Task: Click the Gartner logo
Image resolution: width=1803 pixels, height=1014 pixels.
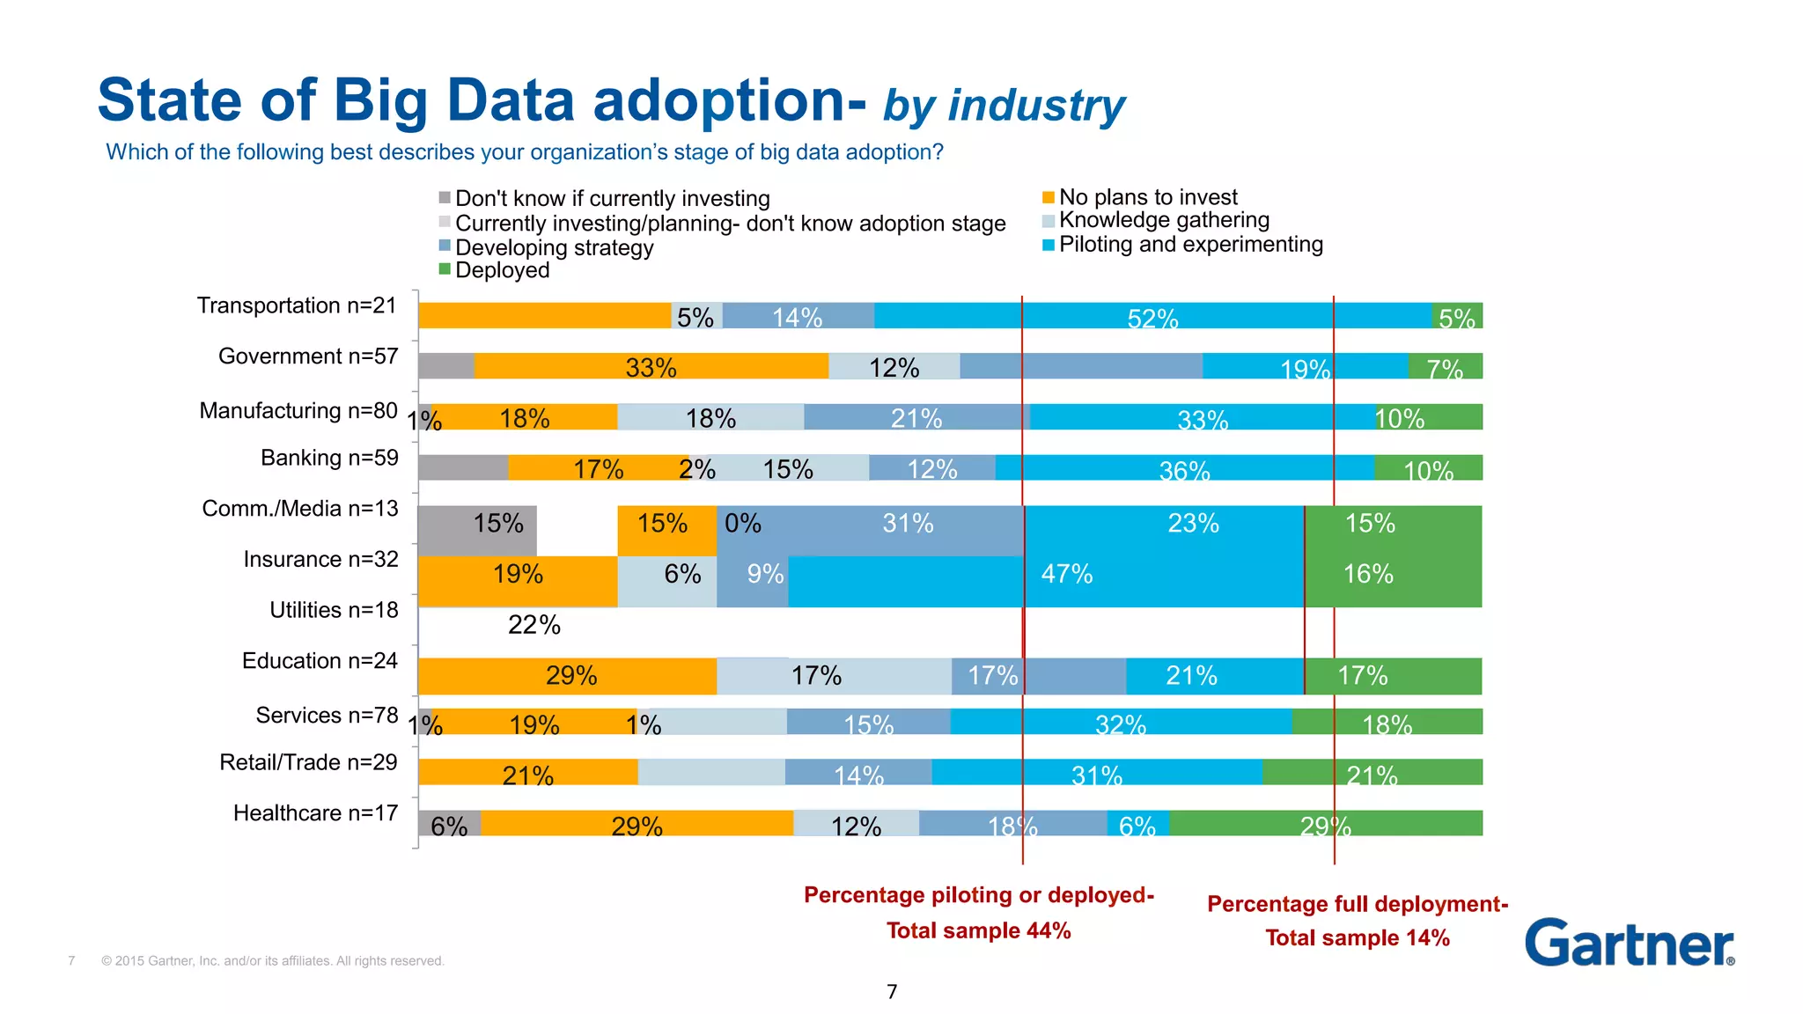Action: coord(1629,943)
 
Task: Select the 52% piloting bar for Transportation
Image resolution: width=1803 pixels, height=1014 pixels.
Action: coord(1152,316)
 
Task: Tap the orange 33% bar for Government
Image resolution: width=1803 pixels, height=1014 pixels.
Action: coord(651,366)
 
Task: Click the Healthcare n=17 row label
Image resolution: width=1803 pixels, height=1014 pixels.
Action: coord(315,813)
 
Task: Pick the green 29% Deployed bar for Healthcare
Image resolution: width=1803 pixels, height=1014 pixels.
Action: coord(1325,824)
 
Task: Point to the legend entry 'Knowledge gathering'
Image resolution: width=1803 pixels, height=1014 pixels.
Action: coord(1163,220)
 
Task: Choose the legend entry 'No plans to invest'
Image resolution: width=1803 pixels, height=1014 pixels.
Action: coord(1147,197)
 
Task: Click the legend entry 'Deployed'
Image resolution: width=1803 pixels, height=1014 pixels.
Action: coord(501,270)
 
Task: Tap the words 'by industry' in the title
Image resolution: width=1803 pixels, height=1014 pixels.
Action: coord(1004,106)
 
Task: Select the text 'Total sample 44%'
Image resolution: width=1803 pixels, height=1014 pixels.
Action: coord(978,930)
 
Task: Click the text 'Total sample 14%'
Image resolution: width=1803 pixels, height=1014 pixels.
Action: coord(1357,937)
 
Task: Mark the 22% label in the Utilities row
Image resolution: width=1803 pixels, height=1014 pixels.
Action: coord(534,625)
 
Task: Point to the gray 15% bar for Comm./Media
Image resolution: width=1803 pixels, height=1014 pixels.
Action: coord(477,531)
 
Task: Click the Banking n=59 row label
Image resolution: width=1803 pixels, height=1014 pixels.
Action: coord(329,458)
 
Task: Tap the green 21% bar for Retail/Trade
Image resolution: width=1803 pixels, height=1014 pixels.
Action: coord(1372,773)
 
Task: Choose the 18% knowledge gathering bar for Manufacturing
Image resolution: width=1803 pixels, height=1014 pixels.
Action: coord(710,417)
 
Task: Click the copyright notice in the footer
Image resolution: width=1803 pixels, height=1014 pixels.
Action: coord(272,961)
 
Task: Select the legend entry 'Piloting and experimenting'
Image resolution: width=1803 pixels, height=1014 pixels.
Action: coord(1189,245)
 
